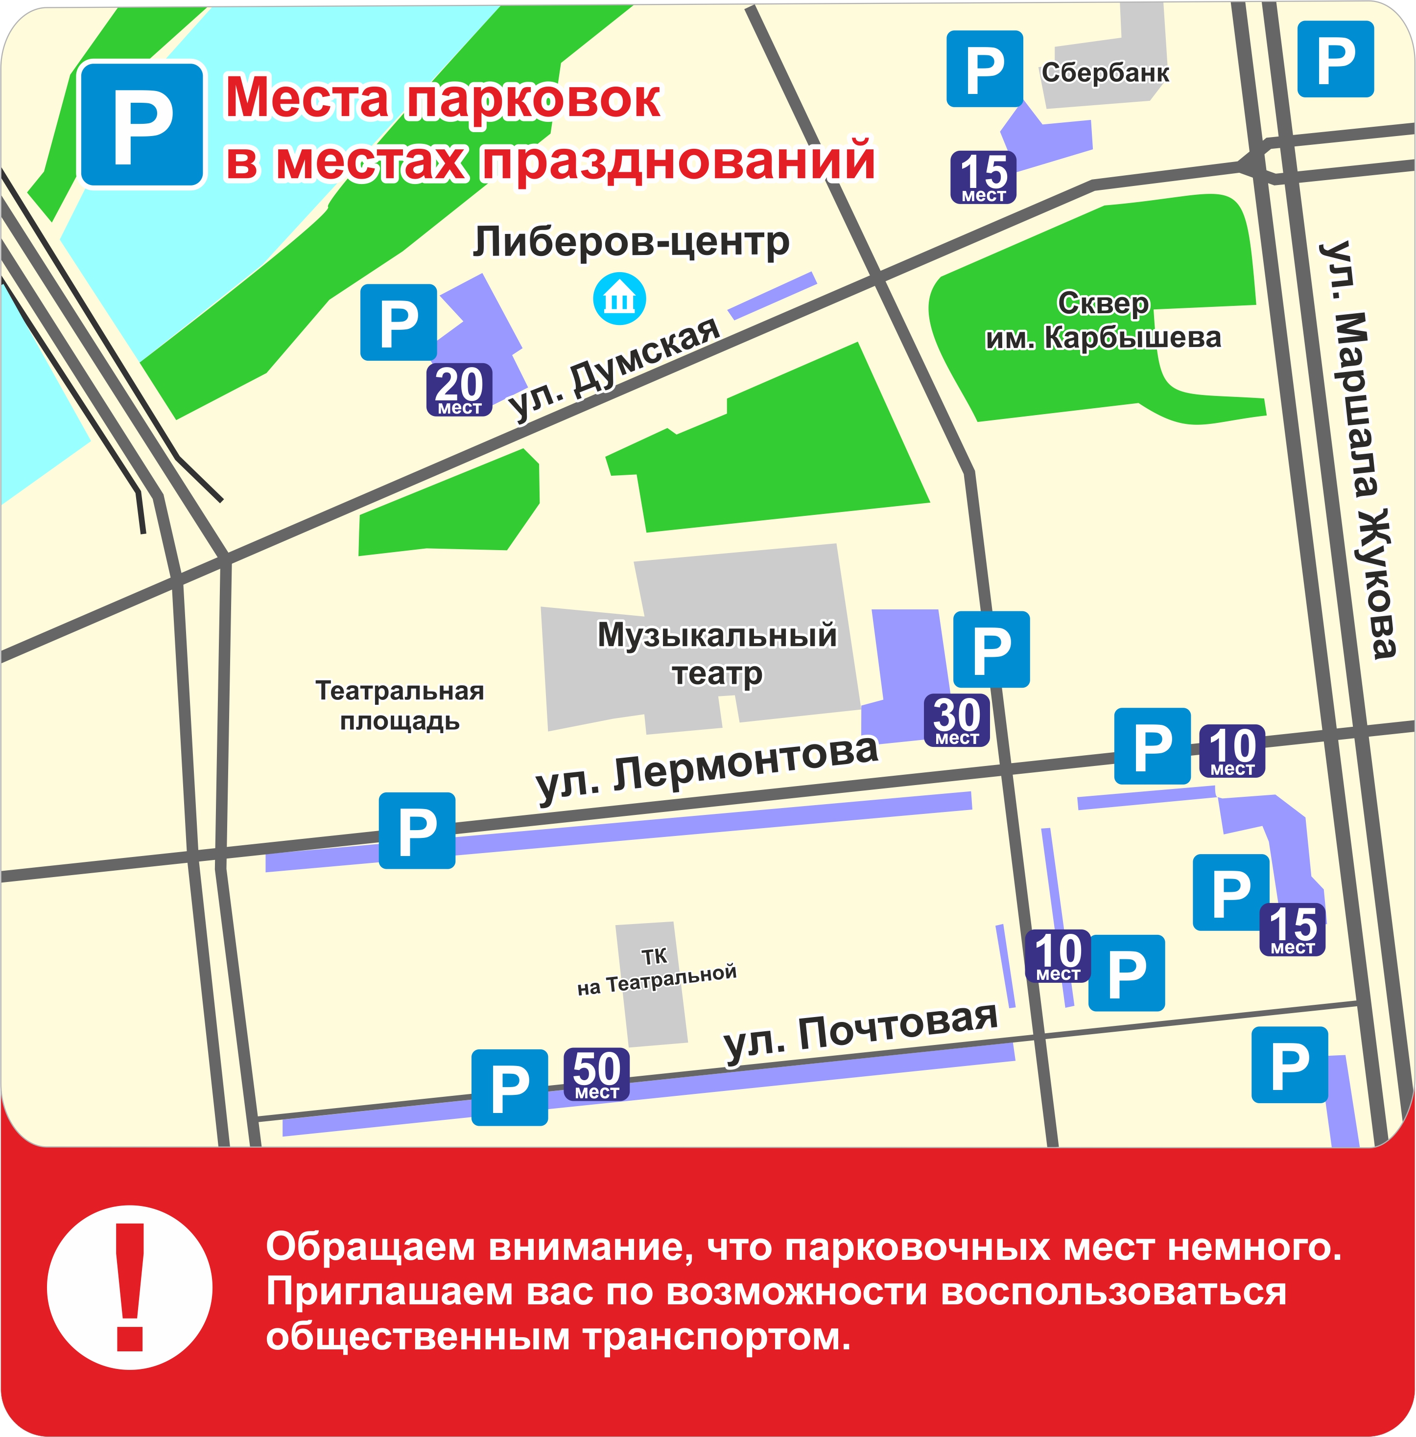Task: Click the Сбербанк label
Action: (1105, 73)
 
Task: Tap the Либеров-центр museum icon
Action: (619, 300)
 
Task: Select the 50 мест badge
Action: (596, 1074)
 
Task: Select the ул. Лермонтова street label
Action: (707, 769)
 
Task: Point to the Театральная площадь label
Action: (400, 705)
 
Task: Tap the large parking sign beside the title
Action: (142, 124)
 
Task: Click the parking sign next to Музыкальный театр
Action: (991, 649)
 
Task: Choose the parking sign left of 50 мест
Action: (509, 1087)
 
